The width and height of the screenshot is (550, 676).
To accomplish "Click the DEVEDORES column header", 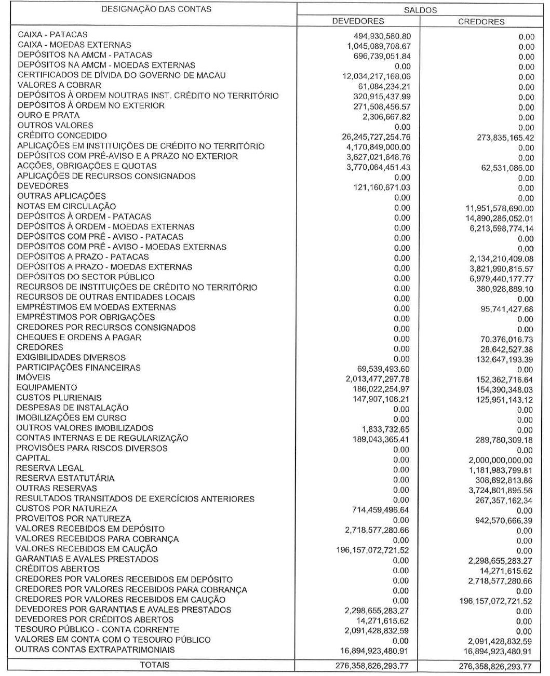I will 358,21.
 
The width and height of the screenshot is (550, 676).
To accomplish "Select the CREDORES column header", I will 481,22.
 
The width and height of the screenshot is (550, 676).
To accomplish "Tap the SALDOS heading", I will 420,10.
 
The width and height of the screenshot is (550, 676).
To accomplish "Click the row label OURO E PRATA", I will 48,115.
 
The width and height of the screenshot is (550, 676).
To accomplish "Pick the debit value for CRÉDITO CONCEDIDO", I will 374,138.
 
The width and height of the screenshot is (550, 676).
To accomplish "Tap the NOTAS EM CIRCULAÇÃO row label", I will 66,206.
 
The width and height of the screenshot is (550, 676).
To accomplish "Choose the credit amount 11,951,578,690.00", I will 498,208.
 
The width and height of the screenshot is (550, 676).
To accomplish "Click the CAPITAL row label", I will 33,458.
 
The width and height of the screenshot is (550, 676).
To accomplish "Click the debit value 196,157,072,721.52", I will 373,551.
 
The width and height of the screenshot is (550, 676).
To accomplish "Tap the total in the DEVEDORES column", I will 373,666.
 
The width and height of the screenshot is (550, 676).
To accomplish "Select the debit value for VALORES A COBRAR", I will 382,87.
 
